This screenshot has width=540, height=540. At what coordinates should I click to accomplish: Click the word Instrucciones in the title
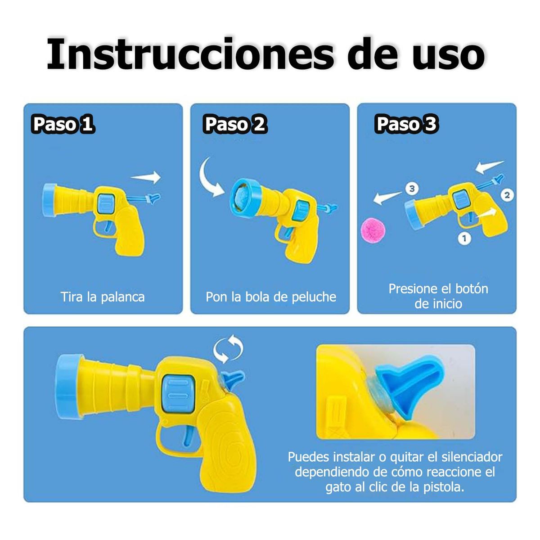189,54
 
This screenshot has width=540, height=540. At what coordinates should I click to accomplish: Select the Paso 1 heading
63,124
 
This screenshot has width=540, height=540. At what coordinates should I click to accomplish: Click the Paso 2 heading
235,124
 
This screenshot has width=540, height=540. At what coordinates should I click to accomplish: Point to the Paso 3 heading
406,124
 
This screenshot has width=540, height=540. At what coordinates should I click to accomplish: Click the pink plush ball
373,229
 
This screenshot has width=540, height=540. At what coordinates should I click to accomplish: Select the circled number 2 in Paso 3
507,195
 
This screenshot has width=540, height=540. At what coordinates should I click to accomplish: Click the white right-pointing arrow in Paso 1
147,177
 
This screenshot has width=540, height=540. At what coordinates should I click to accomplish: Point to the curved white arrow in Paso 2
210,178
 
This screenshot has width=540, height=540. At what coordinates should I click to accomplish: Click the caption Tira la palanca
103,297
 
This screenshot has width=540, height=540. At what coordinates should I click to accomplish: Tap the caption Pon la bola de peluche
270,297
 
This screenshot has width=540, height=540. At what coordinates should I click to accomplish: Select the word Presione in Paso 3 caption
413,288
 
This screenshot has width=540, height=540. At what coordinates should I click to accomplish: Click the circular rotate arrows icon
228,349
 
